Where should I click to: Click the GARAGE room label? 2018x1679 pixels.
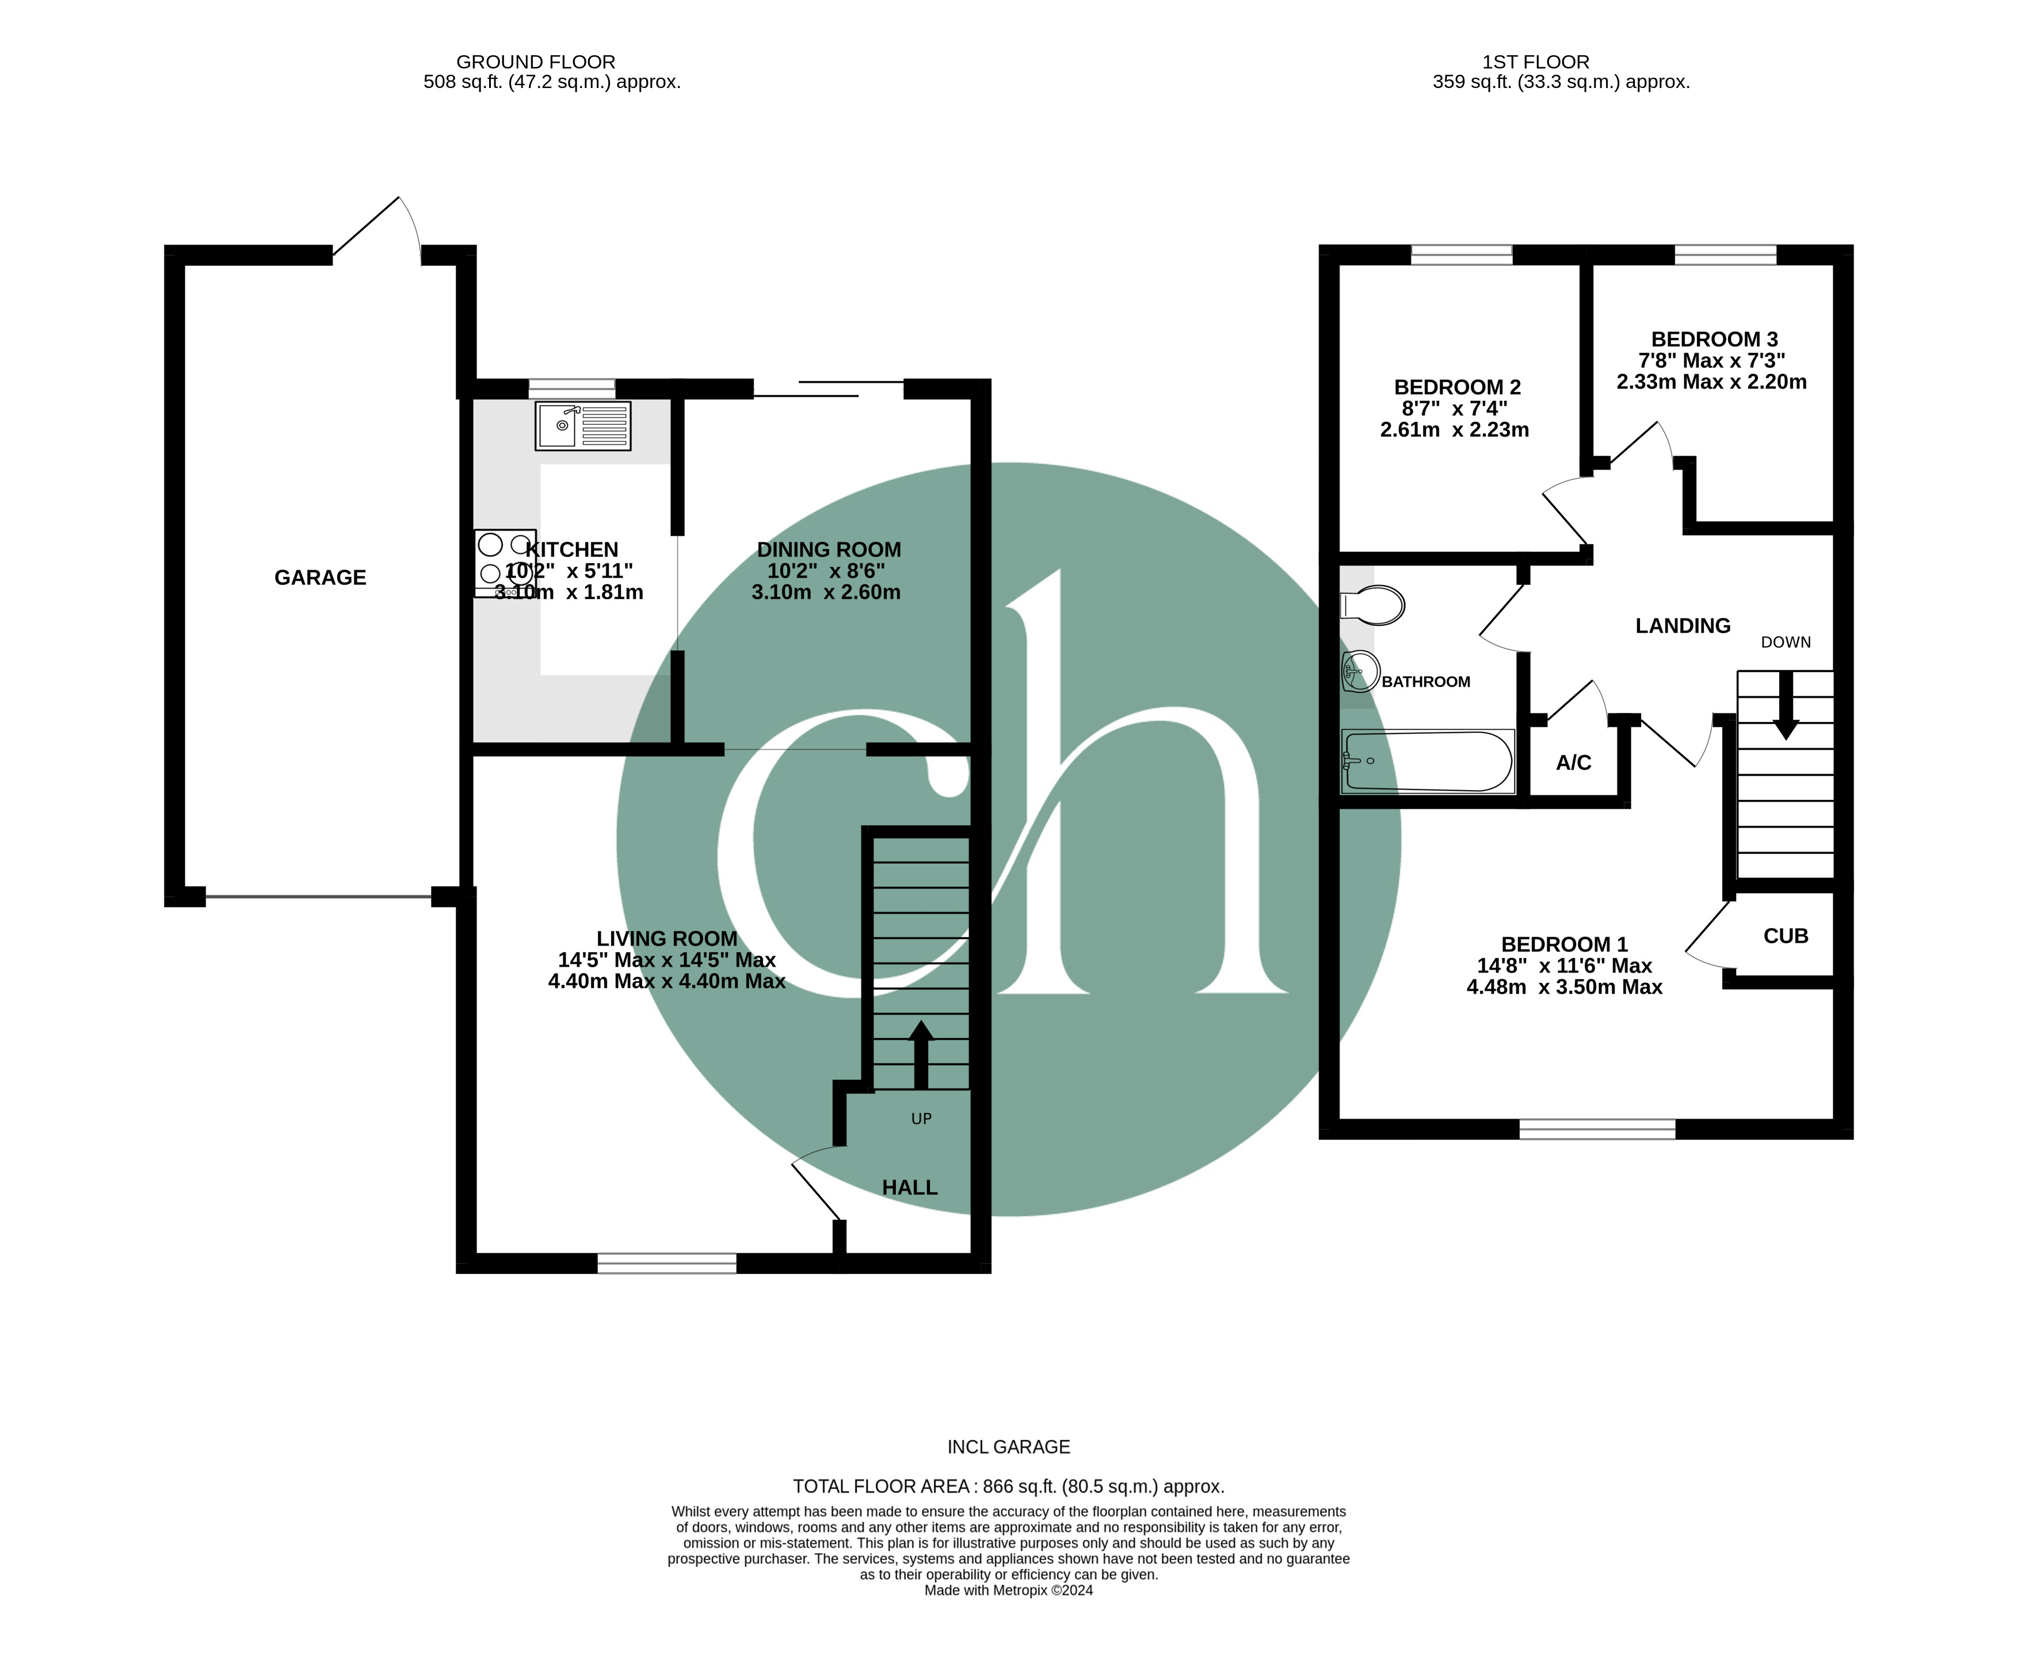pos(320,578)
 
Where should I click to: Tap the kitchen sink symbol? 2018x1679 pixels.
pos(582,426)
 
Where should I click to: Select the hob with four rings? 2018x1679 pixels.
pos(505,563)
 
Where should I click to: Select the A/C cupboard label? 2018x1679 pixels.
pos(1573,763)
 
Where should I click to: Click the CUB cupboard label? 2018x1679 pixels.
pos(1786,936)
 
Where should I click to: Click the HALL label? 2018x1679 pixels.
pos(909,1188)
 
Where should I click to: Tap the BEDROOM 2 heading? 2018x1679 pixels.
pos(1457,387)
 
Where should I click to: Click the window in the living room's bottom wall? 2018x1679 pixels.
pos(667,1263)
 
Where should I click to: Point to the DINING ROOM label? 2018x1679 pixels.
pos(829,550)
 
